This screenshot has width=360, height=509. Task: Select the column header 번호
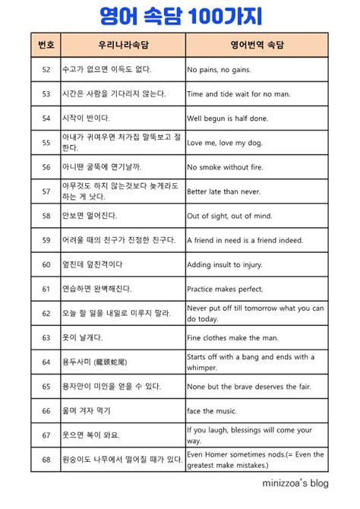(46, 45)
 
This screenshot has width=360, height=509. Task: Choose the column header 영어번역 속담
(257, 45)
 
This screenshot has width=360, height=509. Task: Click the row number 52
(46, 69)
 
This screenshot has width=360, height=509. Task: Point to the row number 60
(46, 264)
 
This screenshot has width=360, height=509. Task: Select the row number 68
(46, 459)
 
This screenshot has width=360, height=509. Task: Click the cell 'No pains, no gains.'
(226, 69)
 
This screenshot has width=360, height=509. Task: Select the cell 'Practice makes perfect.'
(226, 289)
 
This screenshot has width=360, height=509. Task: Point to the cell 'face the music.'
(213, 410)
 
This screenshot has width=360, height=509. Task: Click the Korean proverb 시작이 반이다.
(86, 118)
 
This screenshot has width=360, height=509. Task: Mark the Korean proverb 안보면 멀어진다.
(92, 216)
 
